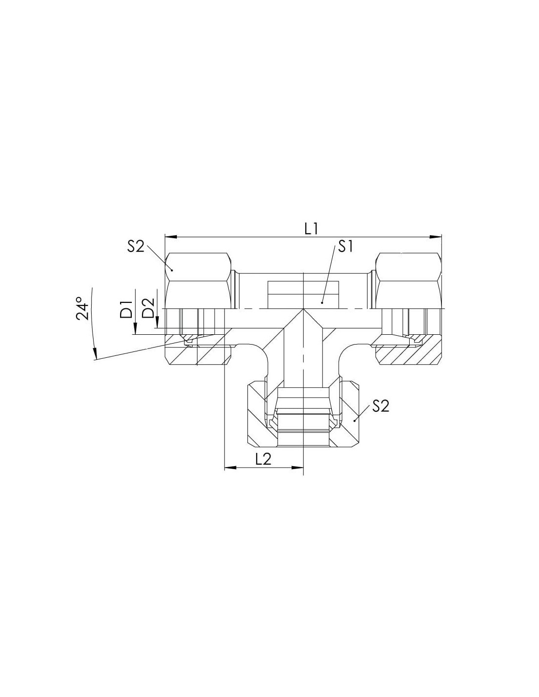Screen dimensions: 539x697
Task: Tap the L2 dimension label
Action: [x=263, y=460]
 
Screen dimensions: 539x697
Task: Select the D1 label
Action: [x=126, y=309]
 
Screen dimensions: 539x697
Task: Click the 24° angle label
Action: [x=82, y=309]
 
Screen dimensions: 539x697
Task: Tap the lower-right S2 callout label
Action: [x=380, y=406]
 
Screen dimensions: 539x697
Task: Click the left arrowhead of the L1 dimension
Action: [x=171, y=237]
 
